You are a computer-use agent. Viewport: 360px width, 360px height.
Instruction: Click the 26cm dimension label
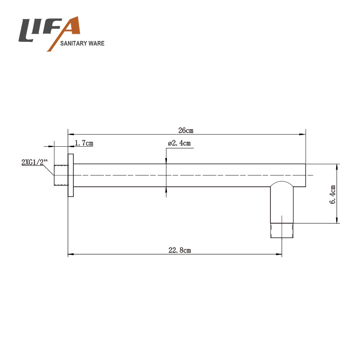point(186,130)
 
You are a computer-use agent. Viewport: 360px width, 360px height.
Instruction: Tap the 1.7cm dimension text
point(84,143)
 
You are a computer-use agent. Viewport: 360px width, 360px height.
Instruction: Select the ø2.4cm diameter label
point(179,143)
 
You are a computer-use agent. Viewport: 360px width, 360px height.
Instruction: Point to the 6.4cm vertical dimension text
point(333,194)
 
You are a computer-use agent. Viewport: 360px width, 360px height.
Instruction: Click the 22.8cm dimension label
point(180,250)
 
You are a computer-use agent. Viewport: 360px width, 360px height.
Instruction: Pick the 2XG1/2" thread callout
point(34,162)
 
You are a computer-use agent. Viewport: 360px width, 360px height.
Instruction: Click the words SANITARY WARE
point(82,43)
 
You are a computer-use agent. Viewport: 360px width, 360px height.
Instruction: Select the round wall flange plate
point(71,175)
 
